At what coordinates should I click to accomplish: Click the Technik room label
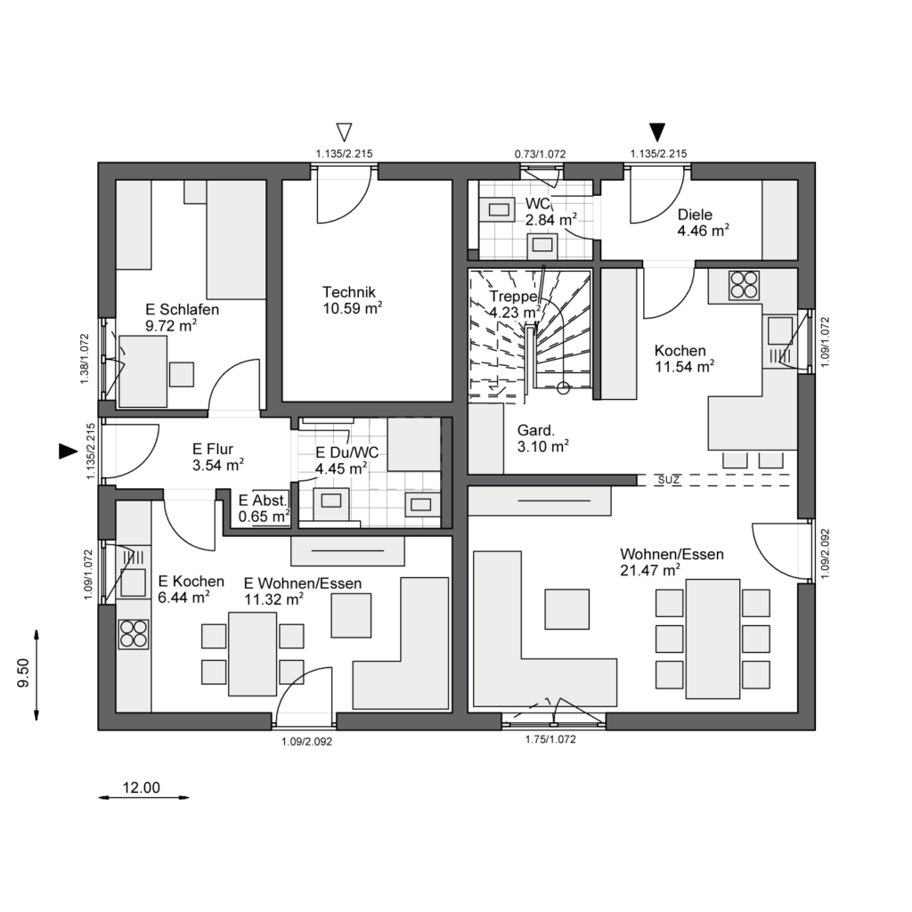(349, 292)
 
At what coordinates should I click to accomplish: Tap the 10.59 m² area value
(353, 307)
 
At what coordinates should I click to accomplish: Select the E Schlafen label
(182, 309)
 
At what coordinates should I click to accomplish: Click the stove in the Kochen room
(744, 286)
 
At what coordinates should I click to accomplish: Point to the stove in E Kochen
(134, 634)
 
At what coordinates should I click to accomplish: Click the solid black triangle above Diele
(657, 133)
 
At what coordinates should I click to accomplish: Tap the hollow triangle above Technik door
(345, 133)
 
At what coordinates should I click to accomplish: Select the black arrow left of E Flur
(68, 452)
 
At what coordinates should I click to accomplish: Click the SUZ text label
(669, 480)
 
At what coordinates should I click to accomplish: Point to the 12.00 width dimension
(142, 788)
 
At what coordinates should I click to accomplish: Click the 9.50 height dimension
(24, 673)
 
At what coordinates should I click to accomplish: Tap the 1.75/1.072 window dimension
(550, 739)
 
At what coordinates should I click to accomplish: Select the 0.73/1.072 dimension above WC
(540, 154)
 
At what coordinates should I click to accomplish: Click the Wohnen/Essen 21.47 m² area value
(649, 571)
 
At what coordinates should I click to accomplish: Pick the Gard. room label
(536, 430)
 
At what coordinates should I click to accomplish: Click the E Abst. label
(263, 501)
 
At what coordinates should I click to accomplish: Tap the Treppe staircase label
(514, 297)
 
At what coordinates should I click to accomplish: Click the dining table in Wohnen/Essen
(712, 639)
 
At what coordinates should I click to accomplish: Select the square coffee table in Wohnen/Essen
(567, 609)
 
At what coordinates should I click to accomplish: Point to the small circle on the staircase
(563, 388)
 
